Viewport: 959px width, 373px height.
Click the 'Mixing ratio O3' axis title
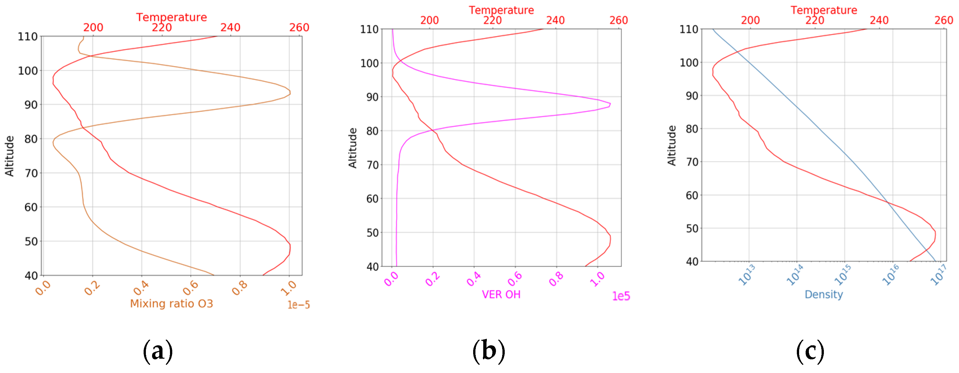pyautogui.click(x=171, y=304)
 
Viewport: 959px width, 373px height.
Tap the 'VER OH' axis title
pyautogui.click(x=501, y=295)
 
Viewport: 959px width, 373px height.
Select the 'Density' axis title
pyautogui.click(x=824, y=295)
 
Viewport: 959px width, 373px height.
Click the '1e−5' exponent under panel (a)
pyautogui.click(x=299, y=305)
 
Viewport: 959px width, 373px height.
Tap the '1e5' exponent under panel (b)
pyautogui.click(x=621, y=296)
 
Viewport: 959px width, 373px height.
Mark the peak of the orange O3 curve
pyautogui.click(x=290, y=92)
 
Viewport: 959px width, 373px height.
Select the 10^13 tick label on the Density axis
pyautogui.click(x=746, y=275)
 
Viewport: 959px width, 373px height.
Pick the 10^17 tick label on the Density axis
pyautogui.click(x=938, y=275)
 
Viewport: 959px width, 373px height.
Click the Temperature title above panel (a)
pyautogui.click(x=171, y=17)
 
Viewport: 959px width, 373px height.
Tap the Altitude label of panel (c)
pyautogui.click(x=671, y=145)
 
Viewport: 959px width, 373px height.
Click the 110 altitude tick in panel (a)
pyautogui.click(x=28, y=36)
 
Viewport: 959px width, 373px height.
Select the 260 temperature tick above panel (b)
pyautogui.click(x=619, y=20)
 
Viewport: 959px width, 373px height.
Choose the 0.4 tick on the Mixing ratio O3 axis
pyautogui.click(x=141, y=287)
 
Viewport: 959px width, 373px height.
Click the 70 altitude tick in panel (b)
pyautogui.click(x=372, y=165)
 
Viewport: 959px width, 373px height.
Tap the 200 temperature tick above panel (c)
pyautogui.click(x=750, y=20)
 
